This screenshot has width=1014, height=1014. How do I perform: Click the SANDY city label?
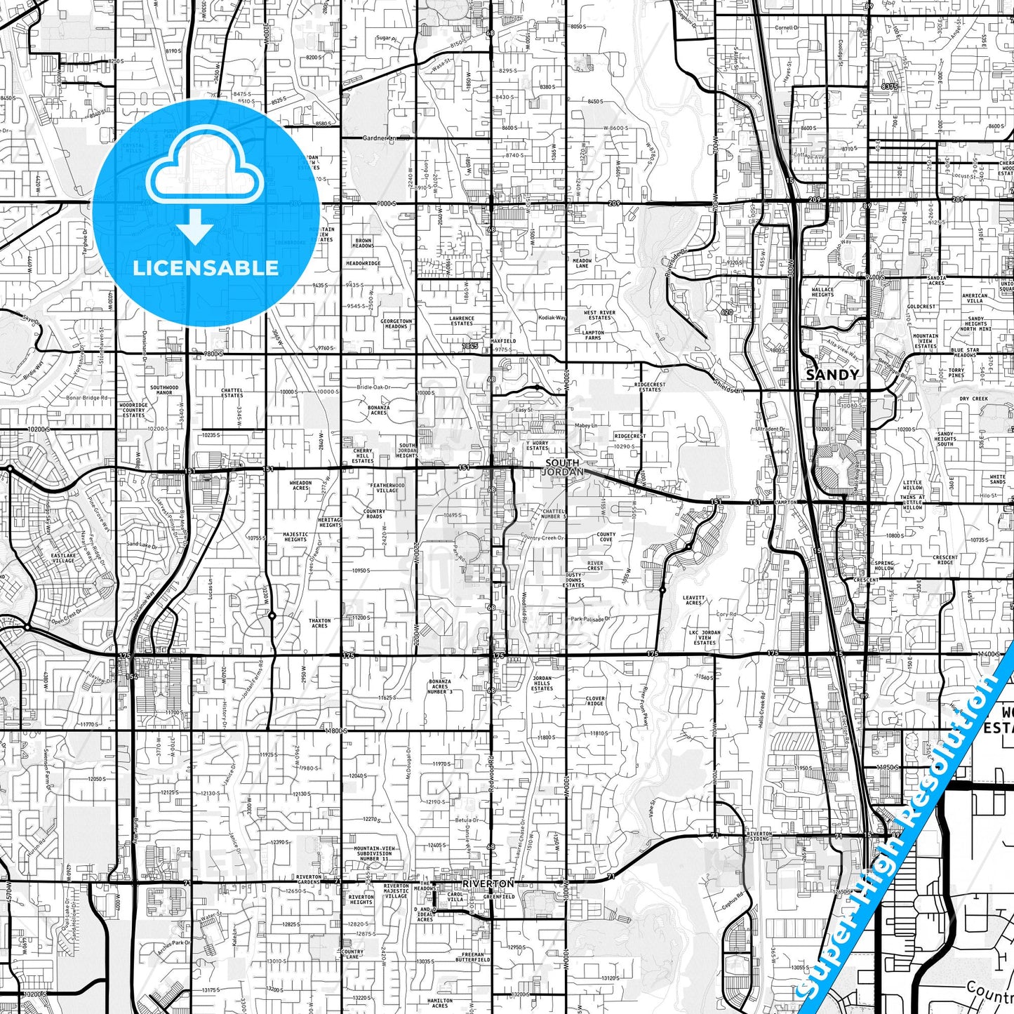pos(832,375)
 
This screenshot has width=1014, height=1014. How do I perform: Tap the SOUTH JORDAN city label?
pos(563,467)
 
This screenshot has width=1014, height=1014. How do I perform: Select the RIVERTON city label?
pos(488,883)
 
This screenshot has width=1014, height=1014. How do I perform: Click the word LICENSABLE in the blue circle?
pos(206,268)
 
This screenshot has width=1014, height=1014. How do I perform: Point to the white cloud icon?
pos(204,172)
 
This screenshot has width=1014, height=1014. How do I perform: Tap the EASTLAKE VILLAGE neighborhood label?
pos(62,558)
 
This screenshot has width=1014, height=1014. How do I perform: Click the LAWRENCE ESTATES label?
pos(462,321)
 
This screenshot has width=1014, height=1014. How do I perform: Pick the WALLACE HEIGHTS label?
pos(822,292)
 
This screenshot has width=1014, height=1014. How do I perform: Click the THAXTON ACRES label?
pos(319,623)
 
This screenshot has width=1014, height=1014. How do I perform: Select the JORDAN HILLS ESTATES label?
pos(542,684)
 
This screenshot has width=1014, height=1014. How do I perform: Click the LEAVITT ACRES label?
pos(693,600)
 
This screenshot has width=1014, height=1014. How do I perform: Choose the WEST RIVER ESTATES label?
pos(599,315)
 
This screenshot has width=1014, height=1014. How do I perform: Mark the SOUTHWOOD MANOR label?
pos(164,389)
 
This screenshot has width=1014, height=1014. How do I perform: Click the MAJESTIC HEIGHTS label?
pos(295,537)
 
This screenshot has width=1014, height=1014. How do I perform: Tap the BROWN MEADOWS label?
pos(363,244)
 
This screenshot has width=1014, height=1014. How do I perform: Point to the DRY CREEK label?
pos(973,399)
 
